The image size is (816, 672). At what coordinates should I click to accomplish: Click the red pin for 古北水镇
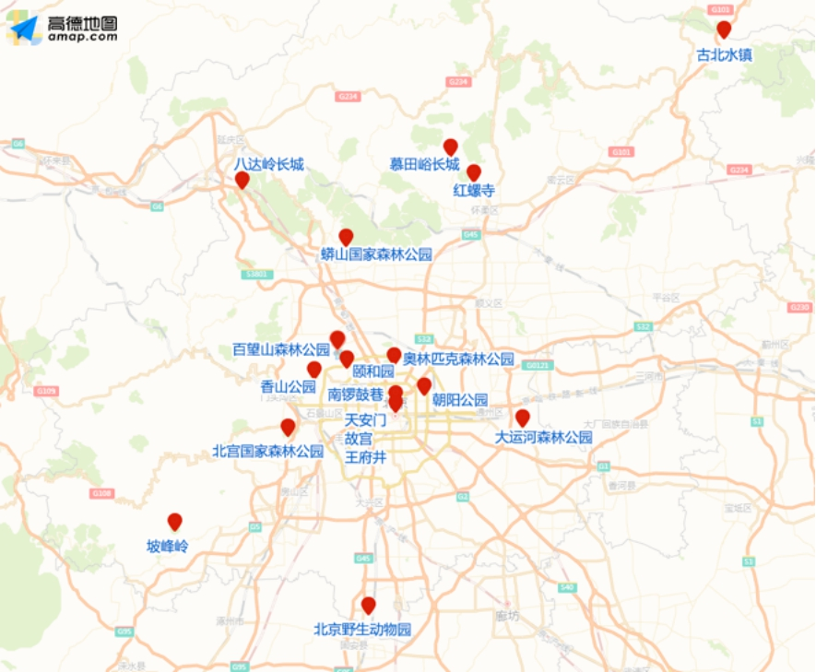(x=724, y=29)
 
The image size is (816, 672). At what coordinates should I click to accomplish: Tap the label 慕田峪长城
(x=424, y=165)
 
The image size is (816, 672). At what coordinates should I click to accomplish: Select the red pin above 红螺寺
(x=474, y=172)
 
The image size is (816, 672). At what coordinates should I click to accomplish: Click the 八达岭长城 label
(x=268, y=164)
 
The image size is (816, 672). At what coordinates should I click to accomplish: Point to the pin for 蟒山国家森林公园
(x=346, y=237)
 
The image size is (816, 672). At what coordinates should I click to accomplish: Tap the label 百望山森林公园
(x=281, y=349)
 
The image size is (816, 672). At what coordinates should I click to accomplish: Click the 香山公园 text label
(x=289, y=386)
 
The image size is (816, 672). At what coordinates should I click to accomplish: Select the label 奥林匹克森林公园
(x=458, y=359)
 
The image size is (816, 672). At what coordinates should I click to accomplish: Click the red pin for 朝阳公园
(x=424, y=385)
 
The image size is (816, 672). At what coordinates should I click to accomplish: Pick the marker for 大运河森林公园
(x=522, y=418)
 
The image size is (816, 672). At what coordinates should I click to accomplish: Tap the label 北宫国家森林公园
(x=268, y=451)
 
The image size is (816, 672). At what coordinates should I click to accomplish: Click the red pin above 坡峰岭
(x=174, y=522)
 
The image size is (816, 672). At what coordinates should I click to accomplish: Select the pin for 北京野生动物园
(x=369, y=606)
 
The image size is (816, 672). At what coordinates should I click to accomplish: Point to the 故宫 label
(x=359, y=438)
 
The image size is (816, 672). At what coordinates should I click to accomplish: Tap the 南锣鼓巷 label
(x=356, y=394)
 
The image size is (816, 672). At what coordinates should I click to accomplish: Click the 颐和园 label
(x=373, y=371)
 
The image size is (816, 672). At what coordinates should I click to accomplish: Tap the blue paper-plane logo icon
(x=24, y=29)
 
